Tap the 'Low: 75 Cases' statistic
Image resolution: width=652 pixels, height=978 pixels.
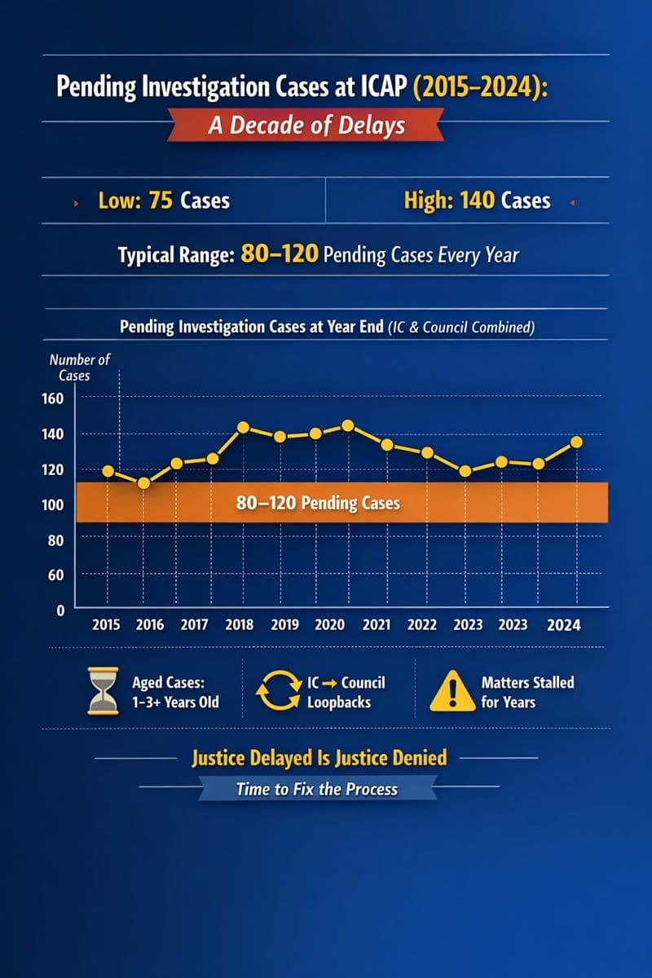163,200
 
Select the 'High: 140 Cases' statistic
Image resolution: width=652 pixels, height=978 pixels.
477,200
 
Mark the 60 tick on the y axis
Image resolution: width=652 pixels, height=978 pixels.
55,575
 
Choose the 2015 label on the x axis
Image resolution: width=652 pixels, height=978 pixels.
106,625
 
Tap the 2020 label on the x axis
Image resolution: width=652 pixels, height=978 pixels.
329,625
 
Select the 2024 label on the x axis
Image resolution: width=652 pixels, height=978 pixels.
564,625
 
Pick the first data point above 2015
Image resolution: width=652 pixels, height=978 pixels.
108,471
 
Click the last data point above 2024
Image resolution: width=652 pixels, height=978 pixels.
576,442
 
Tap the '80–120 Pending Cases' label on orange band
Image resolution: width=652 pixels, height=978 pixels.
318,503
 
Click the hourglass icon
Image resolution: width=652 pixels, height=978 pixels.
104,693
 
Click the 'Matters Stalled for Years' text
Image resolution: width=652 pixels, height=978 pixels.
527,691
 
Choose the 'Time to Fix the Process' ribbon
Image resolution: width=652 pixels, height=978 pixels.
317,789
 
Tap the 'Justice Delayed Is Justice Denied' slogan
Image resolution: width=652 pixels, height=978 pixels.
319,758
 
